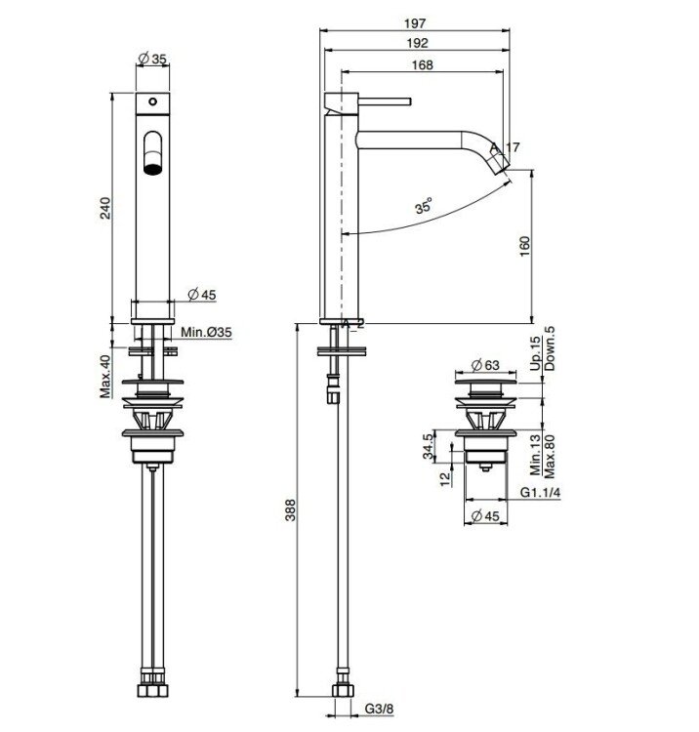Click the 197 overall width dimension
coord(415,22)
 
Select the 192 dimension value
coord(417,43)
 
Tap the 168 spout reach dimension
coord(422,64)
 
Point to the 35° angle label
coord(423,205)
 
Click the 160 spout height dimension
coord(524,246)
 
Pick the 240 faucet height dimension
coord(106,208)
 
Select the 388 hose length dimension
coord(290,509)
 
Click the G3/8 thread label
coord(379,709)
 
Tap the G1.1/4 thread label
coord(540,493)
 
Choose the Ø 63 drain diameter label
coord(485,365)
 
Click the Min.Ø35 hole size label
coord(206,333)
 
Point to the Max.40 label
coord(106,377)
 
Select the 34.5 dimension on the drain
coord(429,446)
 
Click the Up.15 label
coord(536,353)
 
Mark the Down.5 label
coord(550,348)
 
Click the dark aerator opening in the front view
coord(152,168)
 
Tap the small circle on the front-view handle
coord(152,102)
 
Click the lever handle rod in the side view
coord(385,102)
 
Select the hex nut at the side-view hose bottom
coord(343,690)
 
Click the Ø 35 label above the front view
coord(152,59)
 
